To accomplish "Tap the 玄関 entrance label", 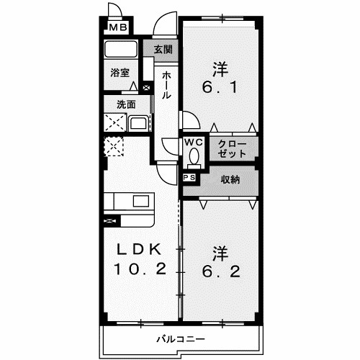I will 163,50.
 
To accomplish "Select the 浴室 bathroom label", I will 120,72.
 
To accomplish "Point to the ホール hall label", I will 166,84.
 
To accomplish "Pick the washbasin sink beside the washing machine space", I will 139,123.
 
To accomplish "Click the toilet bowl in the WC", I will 193,157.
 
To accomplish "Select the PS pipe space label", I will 190,177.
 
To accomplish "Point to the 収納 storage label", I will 230,180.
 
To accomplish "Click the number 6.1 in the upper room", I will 220,91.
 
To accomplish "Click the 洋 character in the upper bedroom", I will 220,70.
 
